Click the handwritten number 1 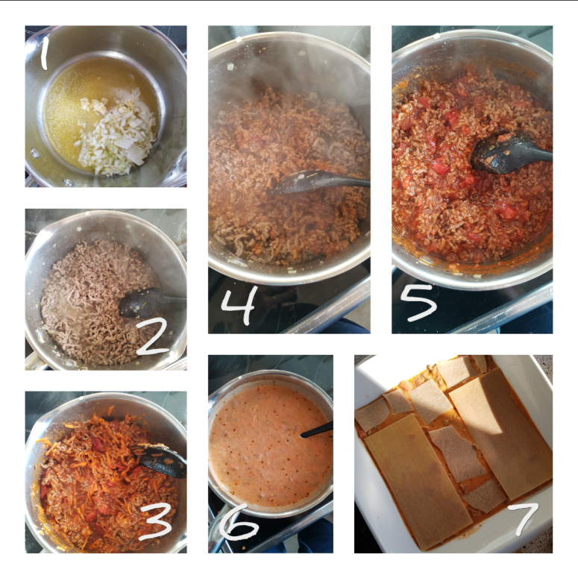44,53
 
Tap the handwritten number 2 153,336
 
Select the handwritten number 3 156,521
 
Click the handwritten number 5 418,301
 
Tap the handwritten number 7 523,518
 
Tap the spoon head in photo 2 139,303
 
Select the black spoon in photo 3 160,459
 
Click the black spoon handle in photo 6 317,430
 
